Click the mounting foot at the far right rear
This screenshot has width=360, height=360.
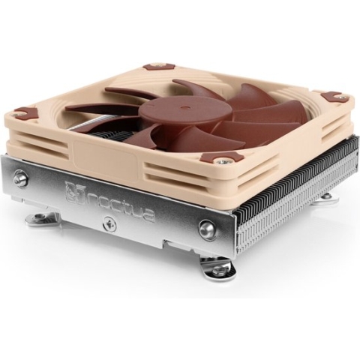[328, 197]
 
